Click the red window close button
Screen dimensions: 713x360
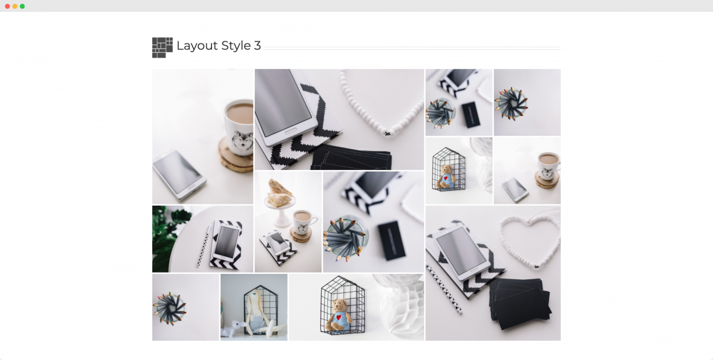(x=7, y=7)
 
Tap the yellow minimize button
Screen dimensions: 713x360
(x=15, y=7)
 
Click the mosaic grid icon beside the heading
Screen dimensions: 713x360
(x=162, y=48)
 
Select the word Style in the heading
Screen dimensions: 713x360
(x=236, y=46)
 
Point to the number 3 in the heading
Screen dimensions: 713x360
(x=257, y=46)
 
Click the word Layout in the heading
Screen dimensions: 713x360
(x=197, y=46)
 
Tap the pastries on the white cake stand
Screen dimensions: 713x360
(x=279, y=192)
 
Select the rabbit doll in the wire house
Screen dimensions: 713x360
(x=258, y=312)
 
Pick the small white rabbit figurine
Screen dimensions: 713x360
(x=234, y=329)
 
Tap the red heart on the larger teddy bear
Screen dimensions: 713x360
(x=339, y=317)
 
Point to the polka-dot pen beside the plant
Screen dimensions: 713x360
(x=204, y=246)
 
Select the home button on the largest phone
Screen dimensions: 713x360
(x=291, y=131)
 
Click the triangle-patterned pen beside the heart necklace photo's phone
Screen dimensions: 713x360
(x=444, y=289)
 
